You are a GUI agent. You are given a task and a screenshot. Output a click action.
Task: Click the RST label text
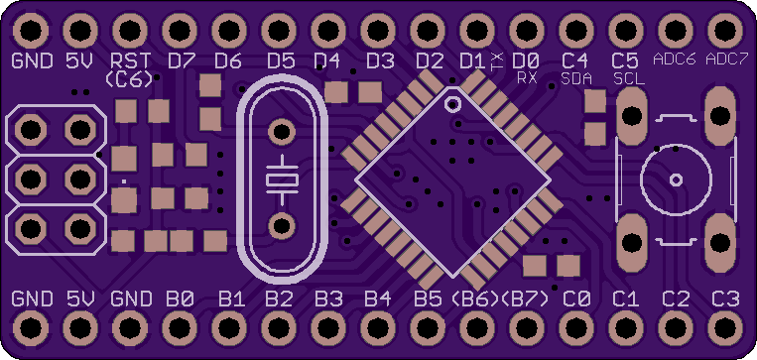click(x=131, y=61)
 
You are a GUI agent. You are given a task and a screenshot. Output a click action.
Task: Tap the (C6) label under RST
click(x=129, y=79)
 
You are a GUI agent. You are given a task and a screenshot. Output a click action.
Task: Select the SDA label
click(x=576, y=78)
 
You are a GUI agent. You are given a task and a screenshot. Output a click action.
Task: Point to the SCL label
click(x=629, y=78)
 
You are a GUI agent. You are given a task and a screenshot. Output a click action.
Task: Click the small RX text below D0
click(x=527, y=78)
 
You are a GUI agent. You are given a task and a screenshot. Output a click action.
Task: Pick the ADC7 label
click(x=723, y=60)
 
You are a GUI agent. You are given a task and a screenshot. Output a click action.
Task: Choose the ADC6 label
click(x=675, y=60)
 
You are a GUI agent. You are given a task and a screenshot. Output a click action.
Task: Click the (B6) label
click(x=475, y=300)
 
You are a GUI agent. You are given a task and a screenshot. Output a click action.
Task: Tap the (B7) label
click(x=525, y=300)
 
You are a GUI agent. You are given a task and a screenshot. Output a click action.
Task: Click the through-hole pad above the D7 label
click(x=180, y=31)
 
